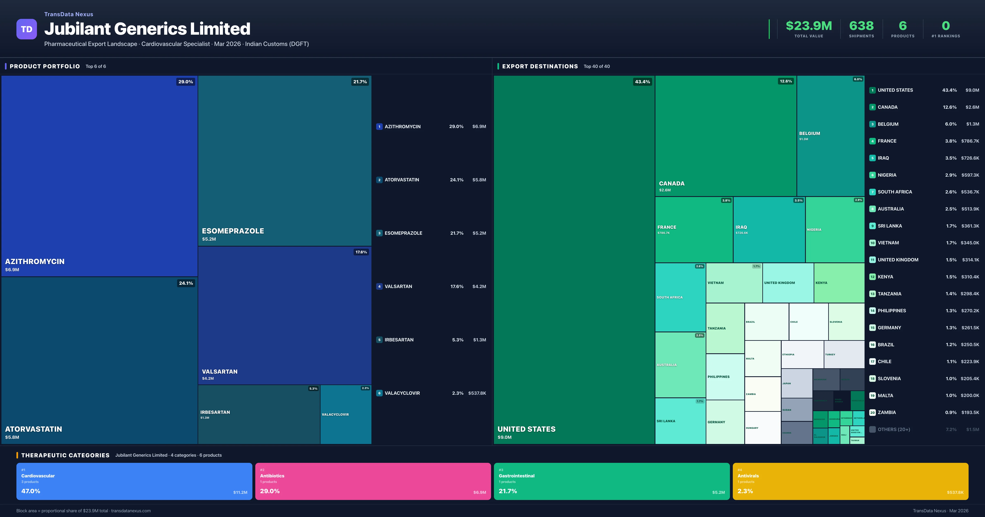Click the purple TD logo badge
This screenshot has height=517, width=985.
coord(26,29)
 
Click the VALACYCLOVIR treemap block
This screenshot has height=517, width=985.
coord(346,414)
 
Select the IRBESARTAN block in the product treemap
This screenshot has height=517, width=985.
coord(259,414)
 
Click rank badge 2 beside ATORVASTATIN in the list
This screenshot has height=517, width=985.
coord(379,180)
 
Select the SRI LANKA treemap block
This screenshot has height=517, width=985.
coord(680,421)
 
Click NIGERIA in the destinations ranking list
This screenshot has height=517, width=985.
coord(887,175)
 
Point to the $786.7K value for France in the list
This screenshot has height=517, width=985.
coord(970,141)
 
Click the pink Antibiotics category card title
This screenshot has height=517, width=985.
coord(272,476)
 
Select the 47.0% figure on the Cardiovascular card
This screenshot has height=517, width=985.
coord(31,491)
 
